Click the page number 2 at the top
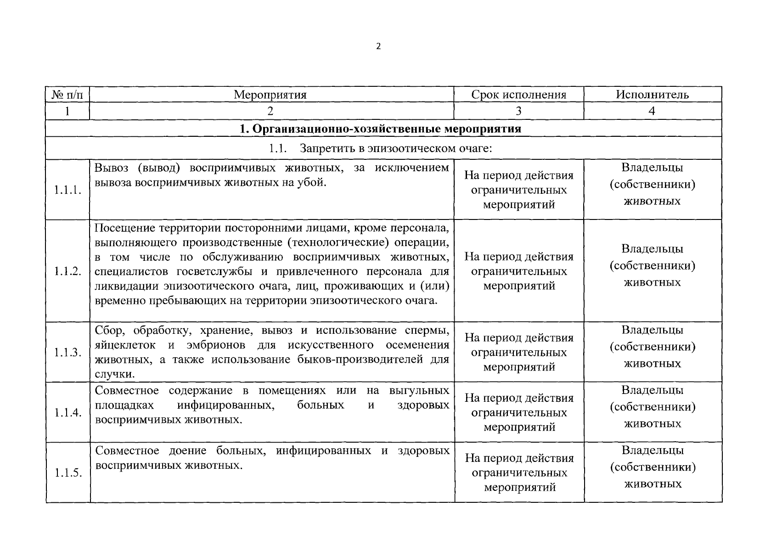pyautogui.click(x=378, y=46)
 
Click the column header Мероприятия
pyautogui.click(x=270, y=95)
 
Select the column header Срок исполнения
pyautogui.click(x=518, y=95)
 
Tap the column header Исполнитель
pyautogui.click(x=652, y=95)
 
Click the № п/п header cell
pyautogui.click(x=68, y=95)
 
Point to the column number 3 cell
pyautogui.click(x=518, y=111)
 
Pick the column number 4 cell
pyautogui.click(x=652, y=111)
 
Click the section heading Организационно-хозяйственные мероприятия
pyautogui.click(x=381, y=129)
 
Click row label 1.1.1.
pyautogui.click(x=68, y=190)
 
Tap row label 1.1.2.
pyautogui.click(x=68, y=271)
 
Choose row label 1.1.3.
pyautogui.click(x=68, y=353)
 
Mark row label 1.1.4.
pyautogui.click(x=68, y=413)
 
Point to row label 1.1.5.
pyautogui.click(x=68, y=473)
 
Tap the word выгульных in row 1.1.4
pyautogui.click(x=419, y=391)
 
